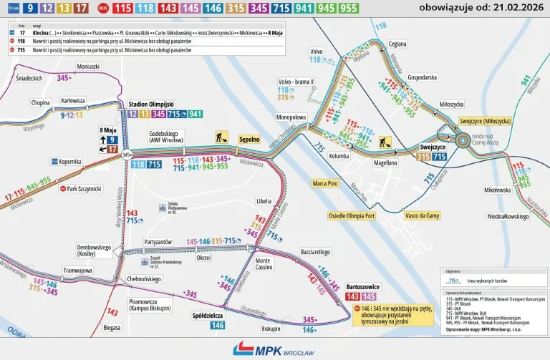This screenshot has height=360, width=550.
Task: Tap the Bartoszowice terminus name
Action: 362,286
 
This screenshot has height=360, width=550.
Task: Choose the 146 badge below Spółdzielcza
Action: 217,326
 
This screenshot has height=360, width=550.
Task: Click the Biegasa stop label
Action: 112,328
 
